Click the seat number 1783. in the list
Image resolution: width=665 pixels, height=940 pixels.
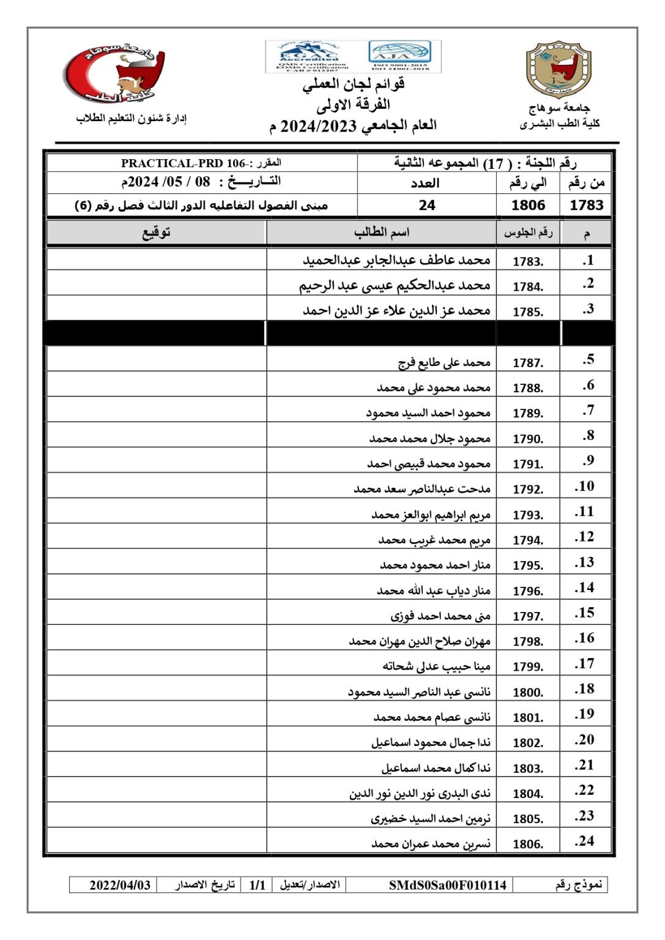pos(527,261)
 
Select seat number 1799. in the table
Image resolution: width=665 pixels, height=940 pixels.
pos(527,666)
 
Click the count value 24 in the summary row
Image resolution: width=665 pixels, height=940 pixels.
pos(427,206)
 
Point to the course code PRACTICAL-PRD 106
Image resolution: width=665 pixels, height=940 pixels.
pos(183,163)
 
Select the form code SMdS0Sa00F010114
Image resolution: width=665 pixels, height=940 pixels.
pos(447,885)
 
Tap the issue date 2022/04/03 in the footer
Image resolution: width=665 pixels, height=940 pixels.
pos(120,885)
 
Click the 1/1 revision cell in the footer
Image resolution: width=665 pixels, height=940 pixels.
pos(258,885)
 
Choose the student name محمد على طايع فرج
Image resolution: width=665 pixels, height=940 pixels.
pos(444,363)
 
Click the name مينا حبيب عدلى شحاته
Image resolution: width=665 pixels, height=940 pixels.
pos(436,666)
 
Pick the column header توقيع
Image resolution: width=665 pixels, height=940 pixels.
pos(157,233)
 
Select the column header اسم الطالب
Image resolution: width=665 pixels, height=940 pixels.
pos(381,233)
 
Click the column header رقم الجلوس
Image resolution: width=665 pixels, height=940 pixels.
pos(528,233)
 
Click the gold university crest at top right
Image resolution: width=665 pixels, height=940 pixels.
pos(559,70)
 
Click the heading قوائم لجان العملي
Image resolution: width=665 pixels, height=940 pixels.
pos(354,84)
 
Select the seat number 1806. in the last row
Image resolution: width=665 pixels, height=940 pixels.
pos(527,844)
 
